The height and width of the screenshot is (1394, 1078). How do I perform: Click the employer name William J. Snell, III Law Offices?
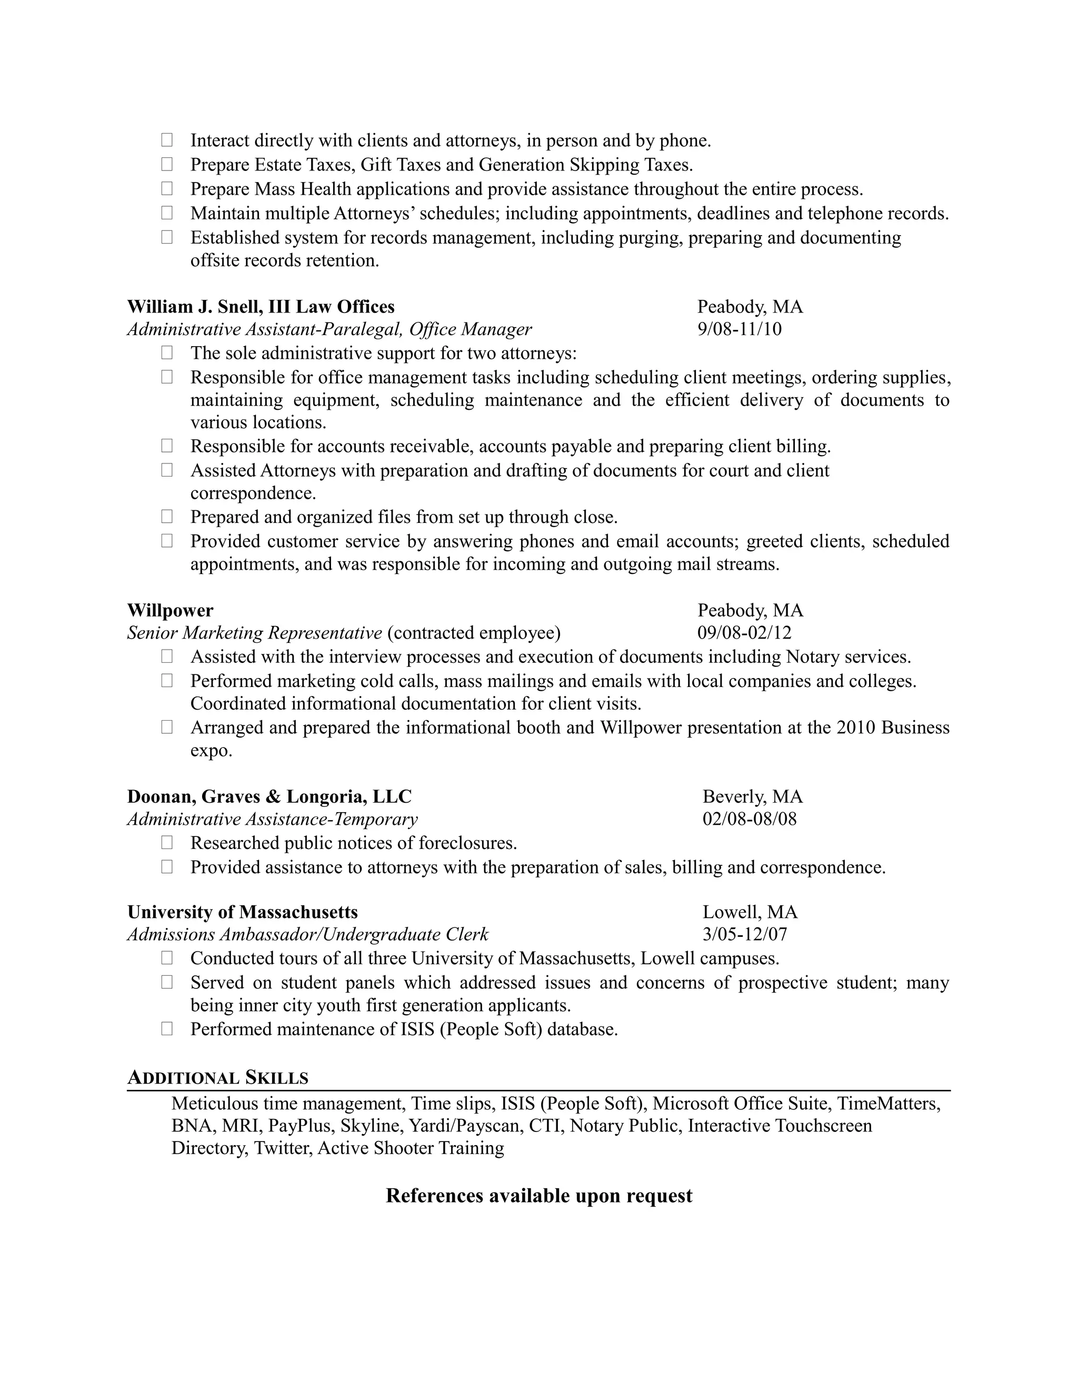click(x=261, y=307)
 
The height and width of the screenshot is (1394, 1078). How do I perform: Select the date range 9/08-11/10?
click(x=739, y=329)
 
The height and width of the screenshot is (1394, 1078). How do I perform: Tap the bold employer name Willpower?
click(x=170, y=611)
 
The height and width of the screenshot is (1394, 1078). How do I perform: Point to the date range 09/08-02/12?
click(x=744, y=633)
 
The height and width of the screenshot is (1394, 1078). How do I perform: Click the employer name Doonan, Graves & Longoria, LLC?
click(x=269, y=796)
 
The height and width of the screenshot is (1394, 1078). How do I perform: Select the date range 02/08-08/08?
click(x=749, y=819)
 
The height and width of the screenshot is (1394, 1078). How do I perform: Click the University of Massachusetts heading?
click(x=242, y=912)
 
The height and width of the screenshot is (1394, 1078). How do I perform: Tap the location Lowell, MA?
click(x=750, y=912)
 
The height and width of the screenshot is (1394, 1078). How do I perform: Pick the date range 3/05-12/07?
click(x=745, y=934)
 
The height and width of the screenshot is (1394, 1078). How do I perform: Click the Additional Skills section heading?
click(x=218, y=1078)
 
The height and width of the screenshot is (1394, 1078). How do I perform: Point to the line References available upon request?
click(x=539, y=1196)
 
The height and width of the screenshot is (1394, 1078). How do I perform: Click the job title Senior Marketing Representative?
click(x=254, y=633)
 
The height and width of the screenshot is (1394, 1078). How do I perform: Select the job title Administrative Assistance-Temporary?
click(x=272, y=819)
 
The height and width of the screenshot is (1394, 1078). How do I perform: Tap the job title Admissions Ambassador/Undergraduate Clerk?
click(x=307, y=934)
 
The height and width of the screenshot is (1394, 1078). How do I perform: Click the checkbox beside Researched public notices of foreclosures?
click(x=167, y=843)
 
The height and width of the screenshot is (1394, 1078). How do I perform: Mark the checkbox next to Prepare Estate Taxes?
click(x=167, y=164)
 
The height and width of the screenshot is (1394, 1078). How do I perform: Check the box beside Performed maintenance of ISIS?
click(x=167, y=1028)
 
